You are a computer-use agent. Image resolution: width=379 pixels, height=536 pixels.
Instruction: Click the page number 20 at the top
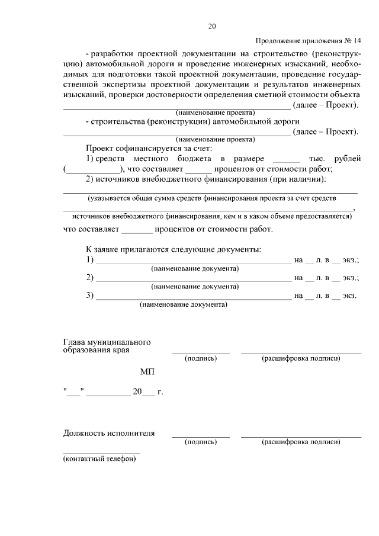point(213,25)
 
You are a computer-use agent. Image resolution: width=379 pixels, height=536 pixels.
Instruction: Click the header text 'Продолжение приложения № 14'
point(308,41)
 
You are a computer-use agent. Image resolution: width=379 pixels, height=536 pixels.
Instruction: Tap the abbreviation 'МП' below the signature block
point(147,372)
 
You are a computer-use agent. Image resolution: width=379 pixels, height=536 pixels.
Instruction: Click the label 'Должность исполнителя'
point(109,433)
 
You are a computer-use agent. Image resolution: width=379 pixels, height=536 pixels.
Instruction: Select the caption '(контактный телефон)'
point(99,460)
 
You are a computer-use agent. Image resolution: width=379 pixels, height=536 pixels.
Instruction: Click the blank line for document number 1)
point(194,262)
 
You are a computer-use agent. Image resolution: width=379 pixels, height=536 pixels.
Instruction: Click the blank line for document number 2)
point(194,280)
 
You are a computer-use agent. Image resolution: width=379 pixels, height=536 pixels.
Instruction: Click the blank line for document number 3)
point(194,297)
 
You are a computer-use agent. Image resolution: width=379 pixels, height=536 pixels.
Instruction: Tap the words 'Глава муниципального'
point(107,342)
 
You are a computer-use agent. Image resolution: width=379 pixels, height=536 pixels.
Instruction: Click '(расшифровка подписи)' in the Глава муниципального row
point(301,358)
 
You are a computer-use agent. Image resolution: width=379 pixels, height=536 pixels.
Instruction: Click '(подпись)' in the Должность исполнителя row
point(201,442)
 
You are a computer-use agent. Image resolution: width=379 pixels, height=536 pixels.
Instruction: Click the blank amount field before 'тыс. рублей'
point(288,161)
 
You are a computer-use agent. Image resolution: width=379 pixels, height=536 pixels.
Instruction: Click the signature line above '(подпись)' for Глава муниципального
point(201,353)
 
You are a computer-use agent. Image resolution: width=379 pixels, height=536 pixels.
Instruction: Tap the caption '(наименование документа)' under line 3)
point(183,306)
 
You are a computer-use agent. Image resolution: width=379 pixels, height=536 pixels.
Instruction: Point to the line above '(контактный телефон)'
point(101,453)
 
